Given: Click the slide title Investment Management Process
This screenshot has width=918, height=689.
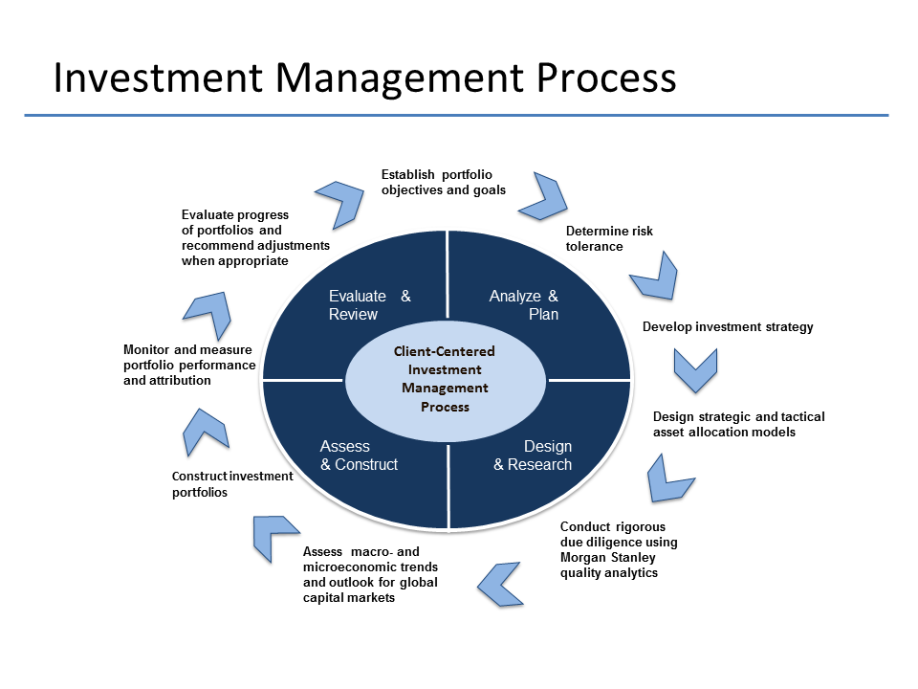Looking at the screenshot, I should pos(364,78).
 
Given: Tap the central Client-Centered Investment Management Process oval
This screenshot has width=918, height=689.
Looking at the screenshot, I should pos(446,379).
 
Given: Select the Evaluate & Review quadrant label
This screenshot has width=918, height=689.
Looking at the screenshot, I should pos(369,305).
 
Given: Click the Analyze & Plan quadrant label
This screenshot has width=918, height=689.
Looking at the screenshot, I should pos(524,305).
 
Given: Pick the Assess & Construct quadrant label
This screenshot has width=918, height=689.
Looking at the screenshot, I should pos(359,456).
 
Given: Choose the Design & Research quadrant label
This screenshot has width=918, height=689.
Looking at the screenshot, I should pos(533,456).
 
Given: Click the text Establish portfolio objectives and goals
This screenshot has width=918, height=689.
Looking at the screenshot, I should pos(443,182).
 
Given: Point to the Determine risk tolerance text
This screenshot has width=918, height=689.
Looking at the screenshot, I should pos(609,238).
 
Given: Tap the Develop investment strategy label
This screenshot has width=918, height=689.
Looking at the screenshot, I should pos(728,327).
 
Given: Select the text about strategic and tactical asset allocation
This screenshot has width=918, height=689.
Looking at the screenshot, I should pos(738,424).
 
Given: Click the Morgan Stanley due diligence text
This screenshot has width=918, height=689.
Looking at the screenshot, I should pos(619,550).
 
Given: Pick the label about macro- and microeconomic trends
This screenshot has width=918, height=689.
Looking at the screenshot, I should pos(370,575).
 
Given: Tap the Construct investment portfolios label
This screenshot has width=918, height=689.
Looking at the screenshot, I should pos(232,484).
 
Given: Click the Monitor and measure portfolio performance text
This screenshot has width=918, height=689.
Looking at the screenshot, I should pos(189,365).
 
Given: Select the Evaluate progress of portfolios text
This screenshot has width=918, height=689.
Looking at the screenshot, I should pos(255,238).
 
